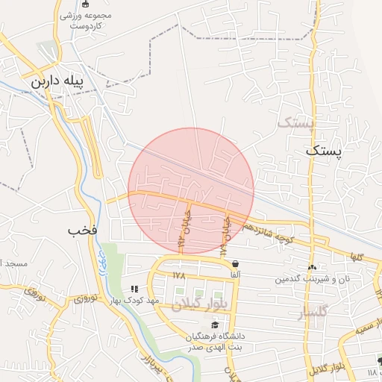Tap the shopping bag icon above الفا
click(x=236, y=263)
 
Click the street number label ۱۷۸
click(x=178, y=275)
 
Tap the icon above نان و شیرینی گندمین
click(x=312, y=267)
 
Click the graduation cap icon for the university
click(x=215, y=325)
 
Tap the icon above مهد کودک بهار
click(x=134, y=289)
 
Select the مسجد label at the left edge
click(x=13, y=264)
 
